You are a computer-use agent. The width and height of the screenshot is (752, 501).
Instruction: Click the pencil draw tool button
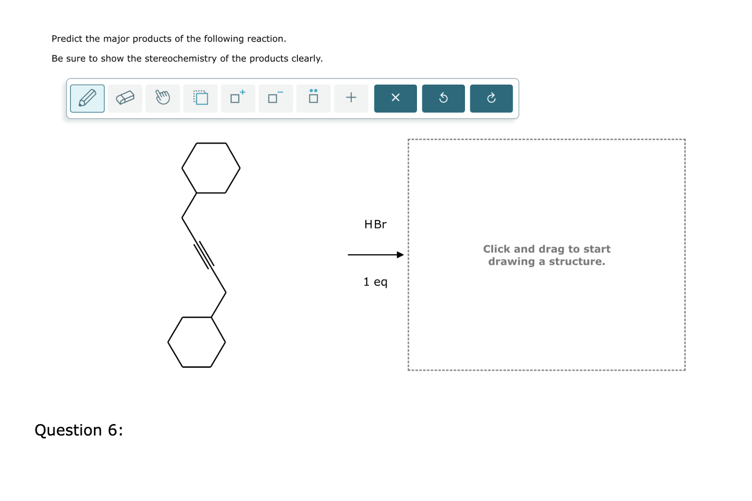point(87,98)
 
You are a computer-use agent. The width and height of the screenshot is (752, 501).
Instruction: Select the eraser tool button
point(125,98)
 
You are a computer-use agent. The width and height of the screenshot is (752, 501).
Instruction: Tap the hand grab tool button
point(163,98)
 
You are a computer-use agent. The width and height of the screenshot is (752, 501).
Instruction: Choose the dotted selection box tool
point(200,98)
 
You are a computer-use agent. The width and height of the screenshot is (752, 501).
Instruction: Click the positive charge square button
point(238,98)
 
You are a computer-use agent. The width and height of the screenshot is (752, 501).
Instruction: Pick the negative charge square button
point(276,98)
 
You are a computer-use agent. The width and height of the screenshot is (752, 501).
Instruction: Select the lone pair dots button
point(313,98)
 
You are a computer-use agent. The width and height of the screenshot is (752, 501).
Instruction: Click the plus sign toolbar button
point(351,98)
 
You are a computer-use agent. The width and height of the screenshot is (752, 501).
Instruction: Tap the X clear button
point(395,98)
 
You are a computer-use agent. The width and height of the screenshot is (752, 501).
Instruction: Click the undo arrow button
point(443,98)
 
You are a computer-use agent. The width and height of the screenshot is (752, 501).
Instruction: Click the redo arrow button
point(491,98)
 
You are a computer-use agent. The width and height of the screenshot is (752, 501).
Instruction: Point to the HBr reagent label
point(375,224)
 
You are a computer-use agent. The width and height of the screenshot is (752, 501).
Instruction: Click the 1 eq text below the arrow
point(375,282)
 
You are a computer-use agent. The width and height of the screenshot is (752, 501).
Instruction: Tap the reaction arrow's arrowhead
point(401,255)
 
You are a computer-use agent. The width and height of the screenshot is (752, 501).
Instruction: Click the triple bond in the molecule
point(204,255)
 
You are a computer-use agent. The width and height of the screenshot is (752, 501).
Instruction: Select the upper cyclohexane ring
point(211,168)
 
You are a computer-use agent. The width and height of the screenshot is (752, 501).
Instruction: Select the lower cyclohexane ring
point(196,342)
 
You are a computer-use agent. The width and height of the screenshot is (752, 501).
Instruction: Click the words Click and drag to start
point(546,249)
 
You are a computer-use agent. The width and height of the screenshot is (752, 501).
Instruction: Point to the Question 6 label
point(79,430)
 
